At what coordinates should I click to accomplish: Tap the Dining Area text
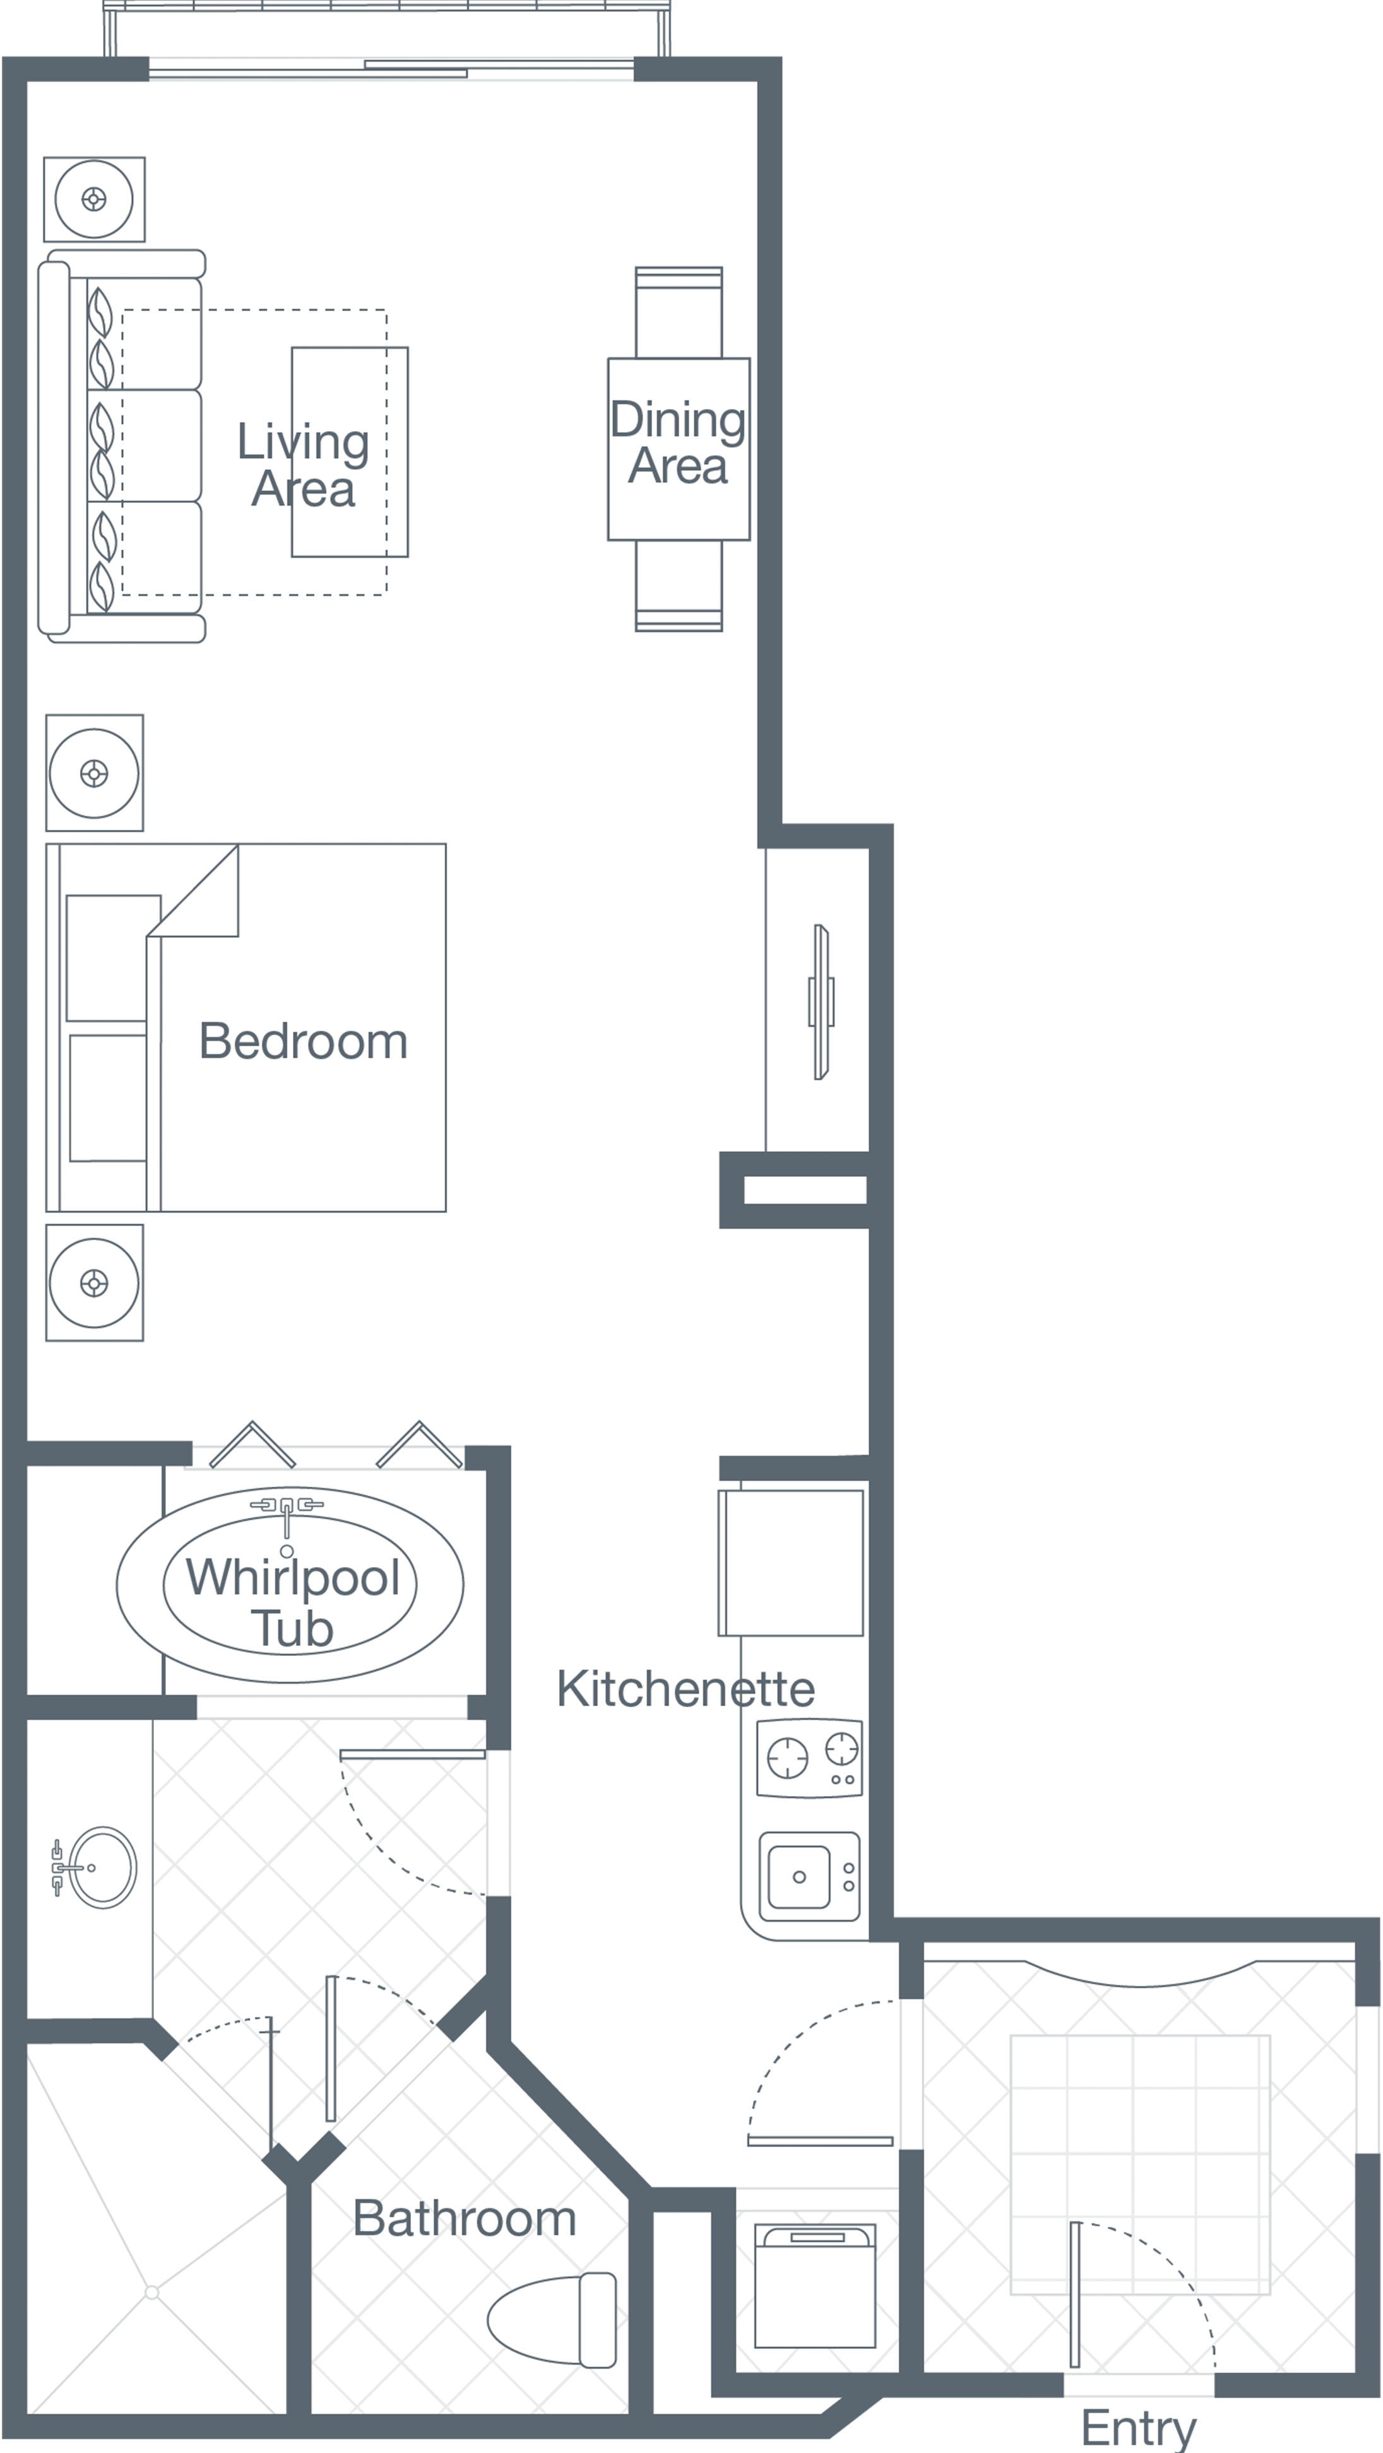click(678, 443)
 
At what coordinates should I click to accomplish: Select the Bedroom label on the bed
click(303, 1041)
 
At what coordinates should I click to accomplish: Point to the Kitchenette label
click(686, 1689)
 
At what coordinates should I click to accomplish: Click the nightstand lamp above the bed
click(94, 773)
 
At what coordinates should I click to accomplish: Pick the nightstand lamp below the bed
click(94, 1283)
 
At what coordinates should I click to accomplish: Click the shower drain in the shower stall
click(151, 2293)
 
